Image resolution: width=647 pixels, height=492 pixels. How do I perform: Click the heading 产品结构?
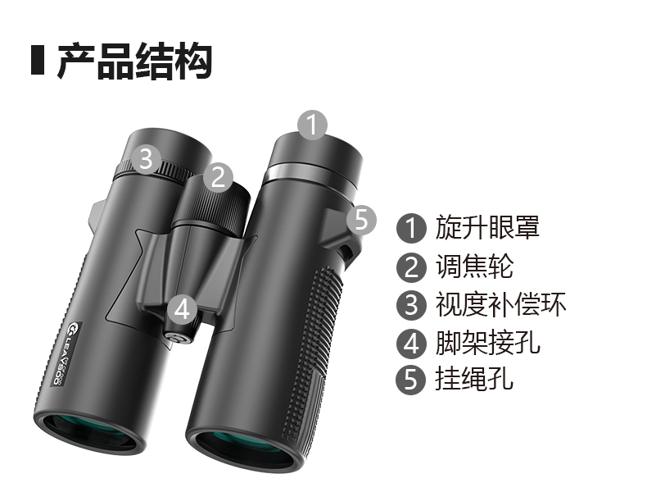134,61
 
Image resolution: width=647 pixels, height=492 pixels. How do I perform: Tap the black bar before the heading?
38,61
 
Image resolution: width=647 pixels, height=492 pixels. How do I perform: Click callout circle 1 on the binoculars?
313,125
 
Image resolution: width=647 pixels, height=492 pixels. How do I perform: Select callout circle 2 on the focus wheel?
219,177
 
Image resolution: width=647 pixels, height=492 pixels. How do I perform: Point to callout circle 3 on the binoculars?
146,158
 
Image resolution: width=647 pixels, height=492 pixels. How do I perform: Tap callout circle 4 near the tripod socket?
183,309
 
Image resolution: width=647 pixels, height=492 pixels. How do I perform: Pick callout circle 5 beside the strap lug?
361,220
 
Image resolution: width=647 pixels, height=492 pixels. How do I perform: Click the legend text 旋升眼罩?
487,227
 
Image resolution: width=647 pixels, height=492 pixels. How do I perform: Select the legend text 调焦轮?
474,266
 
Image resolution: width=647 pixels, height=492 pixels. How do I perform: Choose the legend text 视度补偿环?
500,304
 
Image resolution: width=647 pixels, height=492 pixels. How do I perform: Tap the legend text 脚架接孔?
487,343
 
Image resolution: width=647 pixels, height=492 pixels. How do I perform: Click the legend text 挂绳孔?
474,378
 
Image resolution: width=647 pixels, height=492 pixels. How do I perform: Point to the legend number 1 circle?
411,228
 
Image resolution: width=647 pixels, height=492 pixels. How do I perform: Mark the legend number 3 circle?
411,305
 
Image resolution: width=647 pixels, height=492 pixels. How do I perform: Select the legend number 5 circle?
411,379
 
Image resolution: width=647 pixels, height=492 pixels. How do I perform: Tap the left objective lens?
89,432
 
